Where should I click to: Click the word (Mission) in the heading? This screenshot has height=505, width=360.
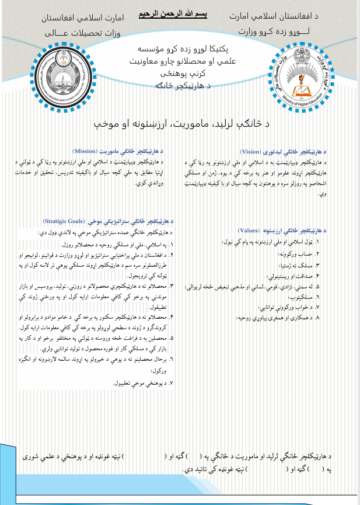pyautogui.click(x=88, y=151)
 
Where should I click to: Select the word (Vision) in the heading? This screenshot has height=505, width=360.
pyautogui.click(x=254, y=150)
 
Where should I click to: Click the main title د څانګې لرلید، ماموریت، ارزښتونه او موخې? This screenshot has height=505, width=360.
pyautogui.click(x=181, y=124)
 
